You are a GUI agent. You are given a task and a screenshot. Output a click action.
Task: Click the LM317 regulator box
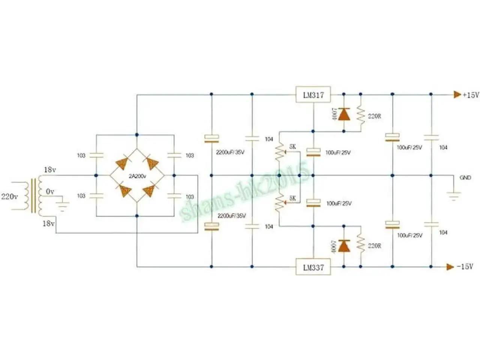[313, 94]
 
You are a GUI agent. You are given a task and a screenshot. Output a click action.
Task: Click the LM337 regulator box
[313, 267]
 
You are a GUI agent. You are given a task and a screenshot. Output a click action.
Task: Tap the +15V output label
[471, 95]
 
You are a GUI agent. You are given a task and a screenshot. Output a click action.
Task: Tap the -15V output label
[465, 267]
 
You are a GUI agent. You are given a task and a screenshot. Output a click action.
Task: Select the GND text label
[465, 178]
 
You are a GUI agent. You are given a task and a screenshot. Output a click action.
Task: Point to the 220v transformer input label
[9, 196]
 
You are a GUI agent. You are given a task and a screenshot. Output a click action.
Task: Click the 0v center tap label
[50, 192]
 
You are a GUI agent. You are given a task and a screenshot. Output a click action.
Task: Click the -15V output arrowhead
[450, 267]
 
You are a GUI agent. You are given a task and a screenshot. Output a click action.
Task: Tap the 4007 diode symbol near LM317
[344, 114]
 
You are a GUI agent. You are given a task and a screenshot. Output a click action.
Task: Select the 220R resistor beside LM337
[361, 245]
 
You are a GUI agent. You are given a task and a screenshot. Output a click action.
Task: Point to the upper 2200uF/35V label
[231, 153]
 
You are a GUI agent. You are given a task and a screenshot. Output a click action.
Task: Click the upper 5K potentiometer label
[292, 147]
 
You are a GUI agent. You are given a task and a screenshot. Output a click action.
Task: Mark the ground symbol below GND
[454, 195]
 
